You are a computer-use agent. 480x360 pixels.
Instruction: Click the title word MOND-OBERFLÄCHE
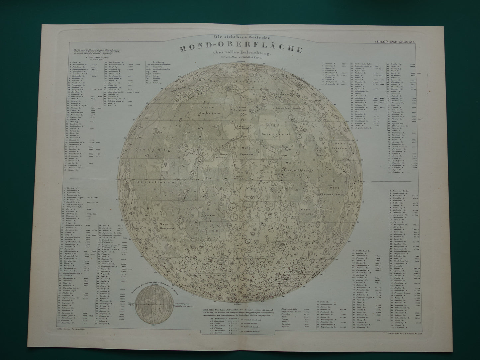pyautogui.click(x=241, y=49)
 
